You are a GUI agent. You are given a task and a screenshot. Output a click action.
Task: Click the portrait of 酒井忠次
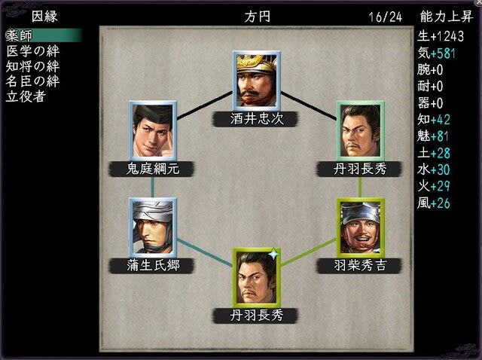click(257, 81)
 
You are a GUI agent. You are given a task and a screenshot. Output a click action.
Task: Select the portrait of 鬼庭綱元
click(153, 130)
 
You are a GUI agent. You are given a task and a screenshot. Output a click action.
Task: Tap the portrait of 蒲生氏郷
click(153, 227)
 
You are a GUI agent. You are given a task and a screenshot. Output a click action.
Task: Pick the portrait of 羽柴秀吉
click(361, 227)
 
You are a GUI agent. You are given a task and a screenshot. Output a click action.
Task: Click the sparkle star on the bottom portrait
click(273, 255)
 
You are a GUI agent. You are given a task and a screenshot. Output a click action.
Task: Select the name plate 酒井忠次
click(256, 119)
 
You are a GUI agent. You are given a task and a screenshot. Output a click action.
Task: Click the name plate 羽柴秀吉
click(359, 266)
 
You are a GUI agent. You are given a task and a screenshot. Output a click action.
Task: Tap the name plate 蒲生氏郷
click(152, 266)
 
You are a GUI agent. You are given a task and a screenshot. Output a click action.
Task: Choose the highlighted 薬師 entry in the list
click(44, 35)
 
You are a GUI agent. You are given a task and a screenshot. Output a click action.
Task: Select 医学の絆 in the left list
click(33, 51)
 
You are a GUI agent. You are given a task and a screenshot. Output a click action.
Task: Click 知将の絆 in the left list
click(32, 66)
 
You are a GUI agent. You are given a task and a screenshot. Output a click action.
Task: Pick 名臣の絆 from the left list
click(32, 81)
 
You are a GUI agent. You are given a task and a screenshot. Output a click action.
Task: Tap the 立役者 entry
click(26, 96)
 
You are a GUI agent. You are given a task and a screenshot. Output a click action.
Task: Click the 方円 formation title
click(258, 17)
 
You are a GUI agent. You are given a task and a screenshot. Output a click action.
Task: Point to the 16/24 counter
click(386, 17)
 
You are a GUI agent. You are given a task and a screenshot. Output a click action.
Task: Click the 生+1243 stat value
click(441, 36)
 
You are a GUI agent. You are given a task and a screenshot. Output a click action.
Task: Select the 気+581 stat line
click(436, 53)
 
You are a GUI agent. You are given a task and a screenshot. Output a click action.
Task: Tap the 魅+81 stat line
click(433, 136)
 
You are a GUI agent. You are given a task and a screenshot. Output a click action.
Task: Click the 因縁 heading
click(44, 17)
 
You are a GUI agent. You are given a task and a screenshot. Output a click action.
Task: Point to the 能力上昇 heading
click(447, 17)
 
